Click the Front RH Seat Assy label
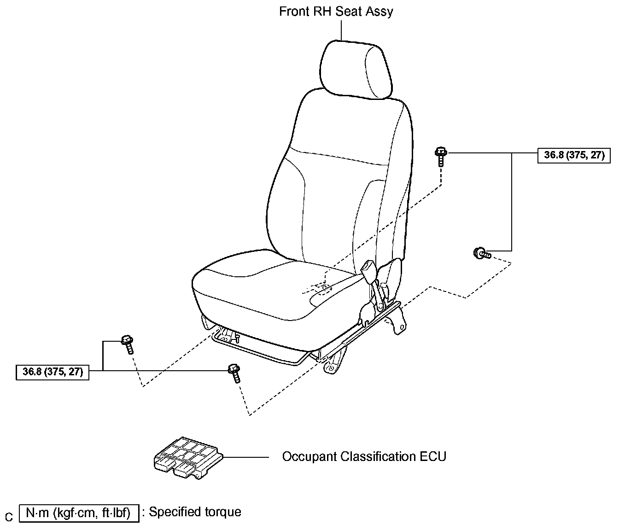pos(336,12)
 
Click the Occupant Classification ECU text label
pos(364,457)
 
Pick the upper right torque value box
pos(574,155)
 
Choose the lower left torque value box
pos(53,372)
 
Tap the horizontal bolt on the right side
pos(482,253)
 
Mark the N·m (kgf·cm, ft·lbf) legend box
pos(79,513)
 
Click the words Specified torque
pos(195,512)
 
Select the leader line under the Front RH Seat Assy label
pos(341,30)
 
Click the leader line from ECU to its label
pos(246,457)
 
